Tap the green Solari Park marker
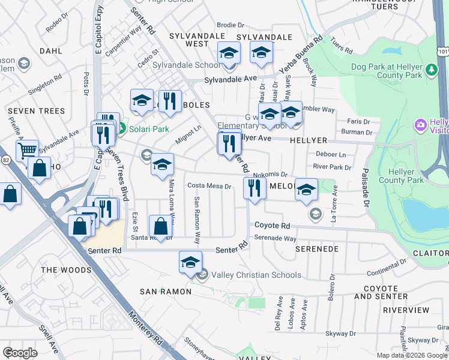pyautogui.click(x=121, y=128)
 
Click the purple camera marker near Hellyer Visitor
pyautogui.click(x=421, y=125)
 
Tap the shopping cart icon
pyautogui.click(x=27, y=150)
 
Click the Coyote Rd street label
pyautogui.click(x=272, y=226)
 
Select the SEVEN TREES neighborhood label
pyautogui.click(x=36, y=111)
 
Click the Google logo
pyautogui.click(x=20, y=353)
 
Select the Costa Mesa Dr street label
pyautogui.click(x=209, y=186)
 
